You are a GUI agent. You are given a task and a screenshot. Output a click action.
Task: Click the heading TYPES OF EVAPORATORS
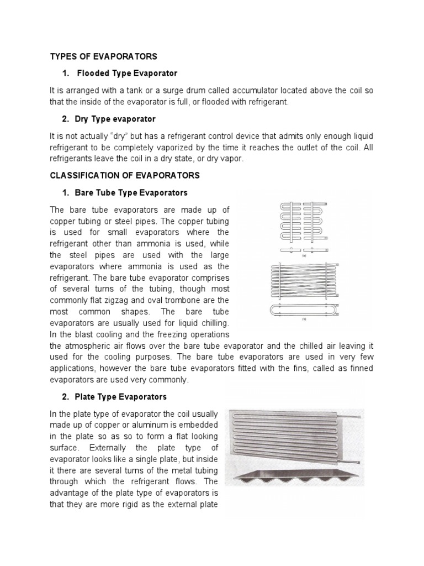tap(104, 56)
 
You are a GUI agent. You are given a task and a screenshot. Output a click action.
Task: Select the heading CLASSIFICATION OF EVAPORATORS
tap(125, 175)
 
